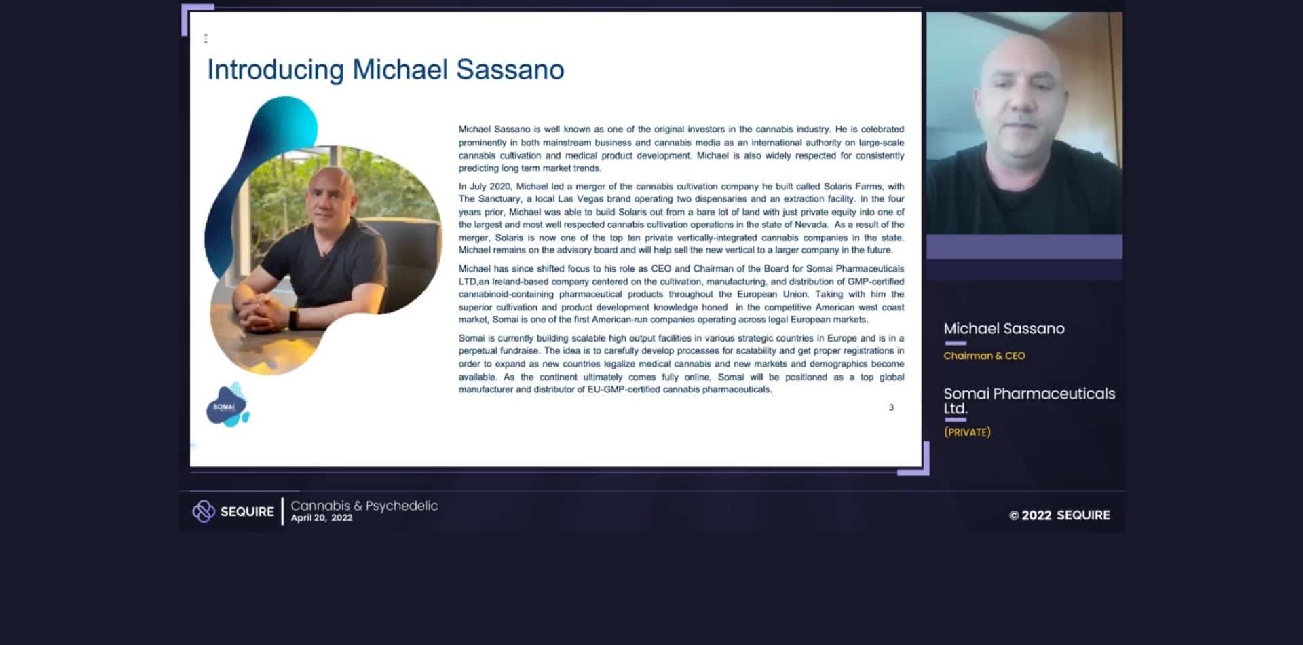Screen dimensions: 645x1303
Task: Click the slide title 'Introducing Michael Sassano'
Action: (385, 70)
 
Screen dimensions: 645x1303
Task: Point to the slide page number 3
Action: (891, 407)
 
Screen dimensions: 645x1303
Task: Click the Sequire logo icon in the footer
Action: (203, 511)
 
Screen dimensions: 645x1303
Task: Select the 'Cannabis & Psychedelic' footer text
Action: (364, 506)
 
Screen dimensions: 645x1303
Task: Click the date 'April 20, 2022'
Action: (322, 518)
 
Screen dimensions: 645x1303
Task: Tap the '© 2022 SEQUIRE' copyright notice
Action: (1059, 515)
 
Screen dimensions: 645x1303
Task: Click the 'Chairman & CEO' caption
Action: (984, 356)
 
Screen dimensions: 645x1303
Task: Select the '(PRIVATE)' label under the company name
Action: (967, 432)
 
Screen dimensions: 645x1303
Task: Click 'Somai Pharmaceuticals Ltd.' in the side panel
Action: (1028, 401)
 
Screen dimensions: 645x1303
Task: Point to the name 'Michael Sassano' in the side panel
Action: (1004, 329)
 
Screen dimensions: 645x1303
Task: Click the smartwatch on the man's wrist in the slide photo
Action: (294, 318)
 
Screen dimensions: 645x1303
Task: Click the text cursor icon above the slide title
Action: (206, 39)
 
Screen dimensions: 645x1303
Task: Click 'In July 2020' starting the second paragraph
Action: (486, 187)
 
